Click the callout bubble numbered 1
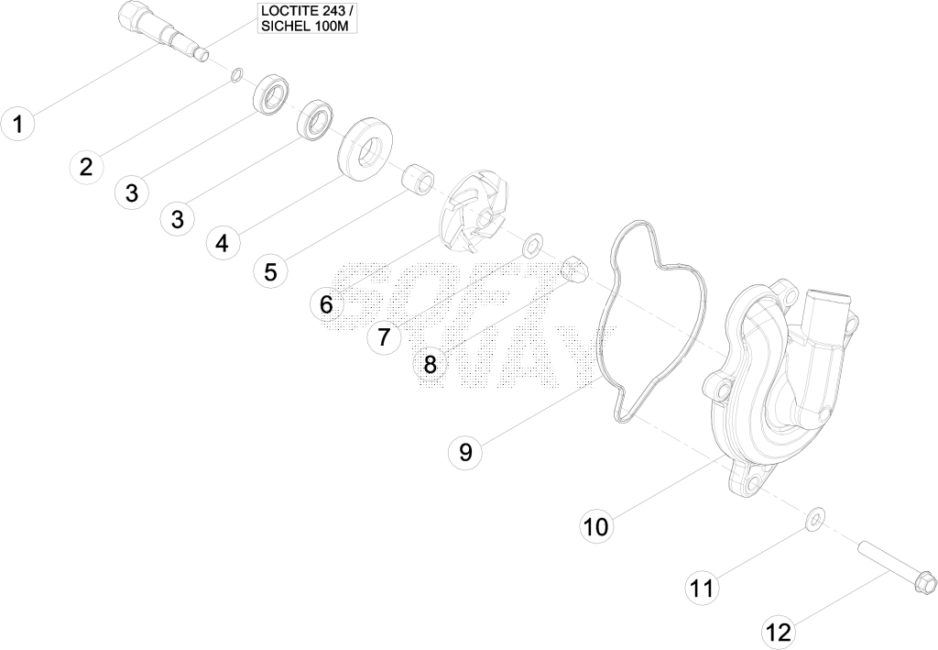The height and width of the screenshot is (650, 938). [18, 125]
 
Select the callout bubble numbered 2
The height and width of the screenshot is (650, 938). [87, 166]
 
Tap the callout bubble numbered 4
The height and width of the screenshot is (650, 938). [222, 243]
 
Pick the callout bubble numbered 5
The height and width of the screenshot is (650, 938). [270, 271]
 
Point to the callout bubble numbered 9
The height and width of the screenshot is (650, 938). [465, 451]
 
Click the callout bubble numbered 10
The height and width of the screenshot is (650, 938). [596, 527]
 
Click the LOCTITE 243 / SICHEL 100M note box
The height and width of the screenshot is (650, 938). [308, 18]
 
